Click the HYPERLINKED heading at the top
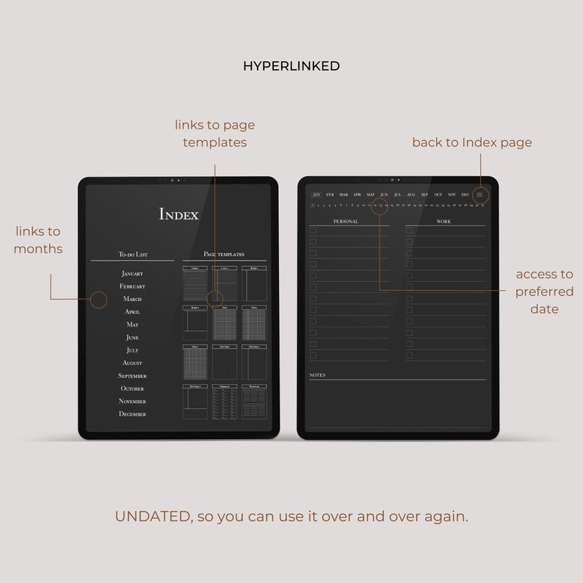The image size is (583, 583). tap(291, 66)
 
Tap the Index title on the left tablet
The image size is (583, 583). tap(179, 214)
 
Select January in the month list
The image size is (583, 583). tap(132, 274)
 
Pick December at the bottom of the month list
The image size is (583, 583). tap(132, 414)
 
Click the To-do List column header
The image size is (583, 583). tap(133, 254)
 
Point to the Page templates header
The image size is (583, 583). tap(224, 254)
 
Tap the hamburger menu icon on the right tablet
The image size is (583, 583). tap(479, 195)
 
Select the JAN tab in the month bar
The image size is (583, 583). tap(316, 195)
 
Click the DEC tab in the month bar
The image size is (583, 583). tap(465, 195)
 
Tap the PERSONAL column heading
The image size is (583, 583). tap(346, 221)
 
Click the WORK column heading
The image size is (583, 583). tap(443, 221)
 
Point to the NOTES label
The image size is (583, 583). tap(317, 375)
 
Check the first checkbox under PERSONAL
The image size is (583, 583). tap(313, 231)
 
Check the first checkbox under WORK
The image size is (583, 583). tap(410, 231)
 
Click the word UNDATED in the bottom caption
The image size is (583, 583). tap(152, 516)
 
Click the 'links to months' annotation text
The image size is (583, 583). tap(38, 240)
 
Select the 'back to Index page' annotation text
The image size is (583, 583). tap(471, 142)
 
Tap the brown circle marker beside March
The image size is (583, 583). tap(98, 300)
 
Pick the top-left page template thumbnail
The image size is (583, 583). tap(195, 282)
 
